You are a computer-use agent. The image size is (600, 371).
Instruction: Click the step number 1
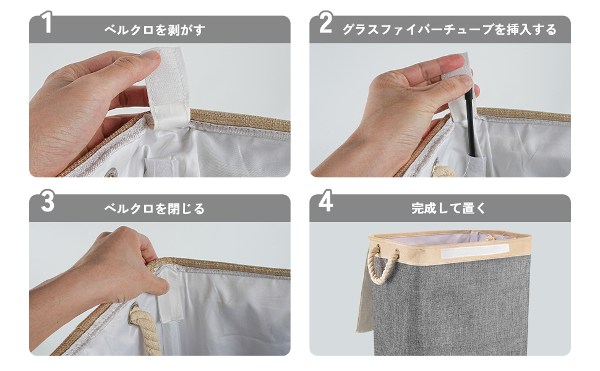46,23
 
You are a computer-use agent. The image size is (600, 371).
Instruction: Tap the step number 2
326,23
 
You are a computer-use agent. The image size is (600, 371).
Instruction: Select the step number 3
47,202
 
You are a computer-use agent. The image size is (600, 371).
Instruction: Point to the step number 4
327,202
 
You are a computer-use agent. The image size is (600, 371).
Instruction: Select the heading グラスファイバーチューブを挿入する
449,30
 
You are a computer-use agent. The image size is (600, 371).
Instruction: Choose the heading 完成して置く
449,209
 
